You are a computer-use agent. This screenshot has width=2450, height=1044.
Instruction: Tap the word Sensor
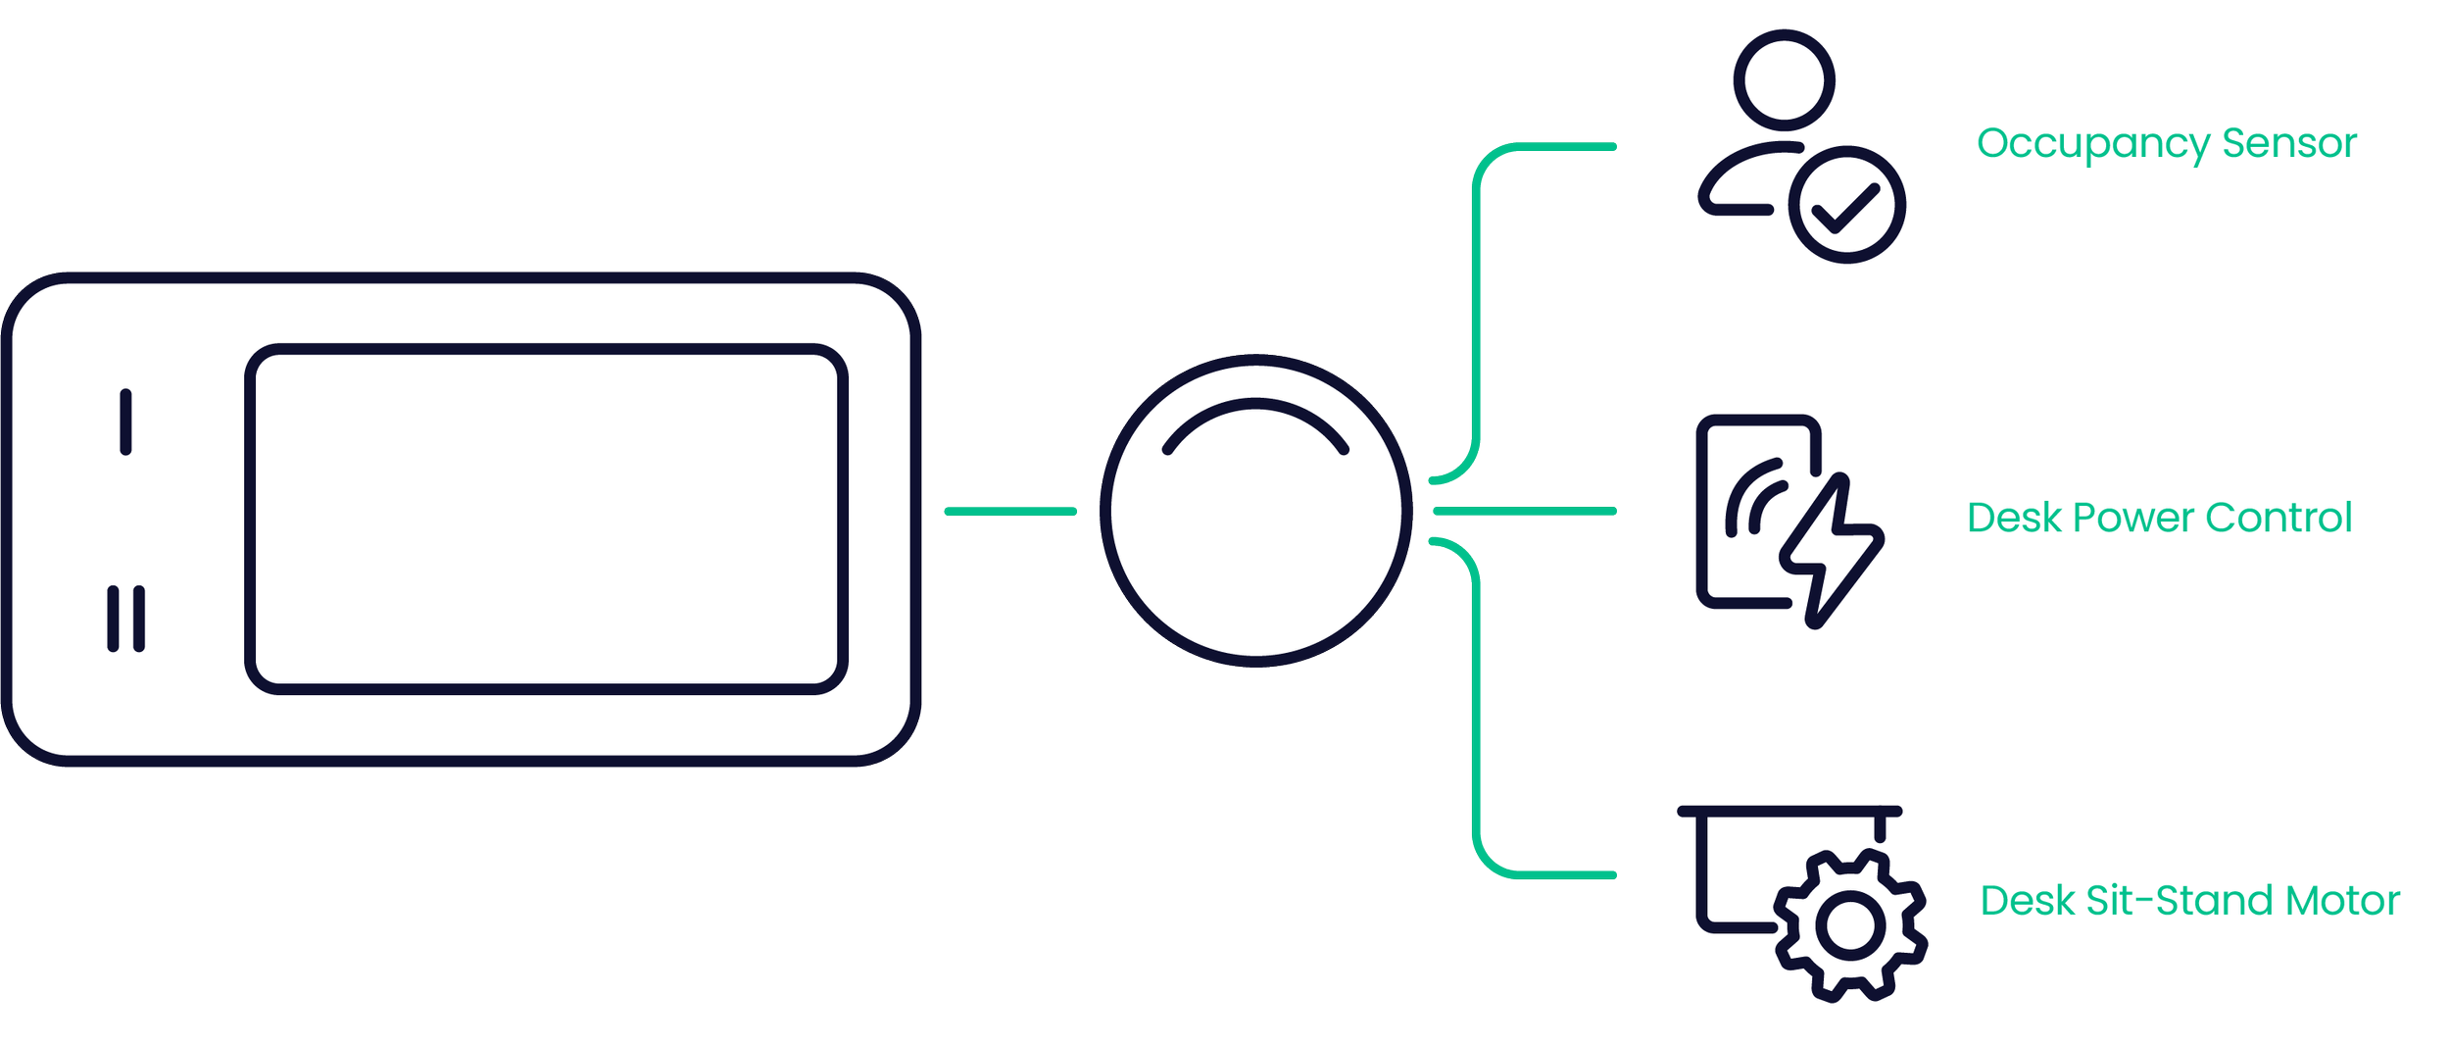click(x=2288, y=143)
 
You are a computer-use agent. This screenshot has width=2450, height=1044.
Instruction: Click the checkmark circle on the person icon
click(x=1846, y=206)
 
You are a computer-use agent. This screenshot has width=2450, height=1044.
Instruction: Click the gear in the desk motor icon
click(x=1850, y=925)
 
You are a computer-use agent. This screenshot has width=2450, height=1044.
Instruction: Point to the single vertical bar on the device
click(x=125, y=423)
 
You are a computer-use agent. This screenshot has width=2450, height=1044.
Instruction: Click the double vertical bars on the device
click(x=125, y=619)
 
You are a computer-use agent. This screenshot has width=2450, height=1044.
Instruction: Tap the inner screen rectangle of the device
click(x=546, y=519)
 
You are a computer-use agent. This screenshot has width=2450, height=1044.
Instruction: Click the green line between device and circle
click(x=1010, y=511)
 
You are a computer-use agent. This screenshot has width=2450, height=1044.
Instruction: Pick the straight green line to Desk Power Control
click(x=1524, y=511)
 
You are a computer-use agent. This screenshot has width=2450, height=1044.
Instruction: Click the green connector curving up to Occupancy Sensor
click(x=1477, y=294)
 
